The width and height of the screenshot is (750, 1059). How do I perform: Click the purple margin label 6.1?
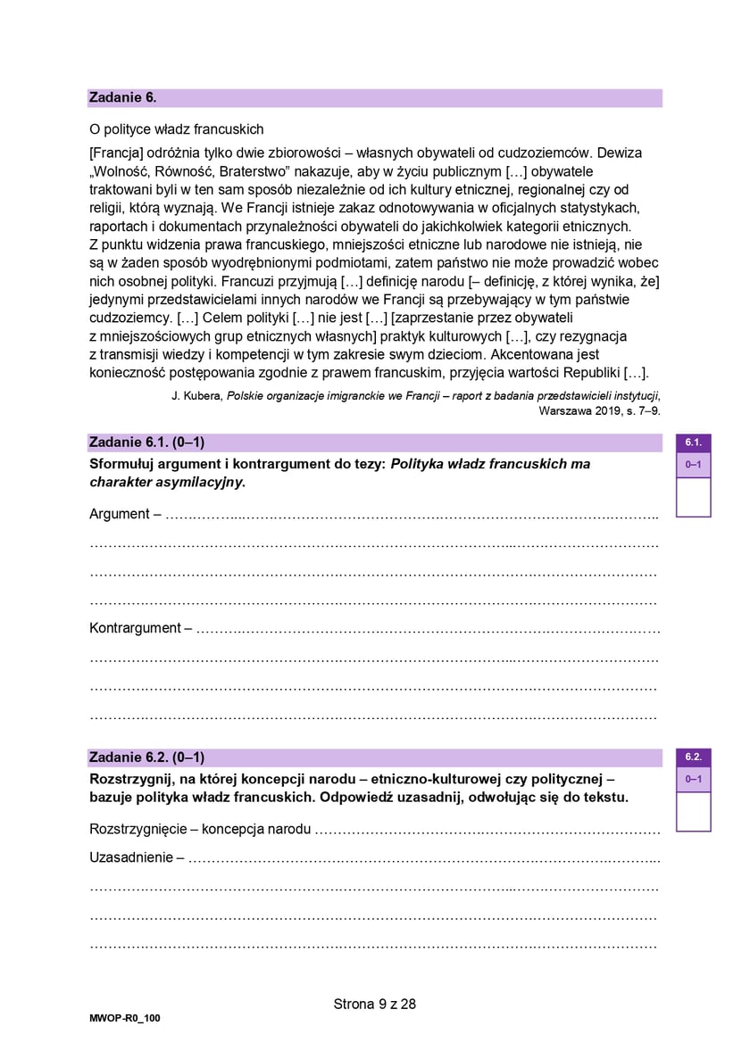coord(693,443)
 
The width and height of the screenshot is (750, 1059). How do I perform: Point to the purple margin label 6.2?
coord(693,757)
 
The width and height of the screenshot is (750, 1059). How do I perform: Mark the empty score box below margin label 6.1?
coord(693,497)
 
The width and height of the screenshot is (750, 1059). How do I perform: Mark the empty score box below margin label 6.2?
coord(693,812)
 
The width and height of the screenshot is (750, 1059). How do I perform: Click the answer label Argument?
coord(120,514)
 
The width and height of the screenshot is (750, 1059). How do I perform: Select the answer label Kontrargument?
coord(135,628)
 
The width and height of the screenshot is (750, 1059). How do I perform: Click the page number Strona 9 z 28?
coord(375,1004)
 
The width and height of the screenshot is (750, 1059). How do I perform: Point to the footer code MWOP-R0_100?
coord(119,1018)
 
